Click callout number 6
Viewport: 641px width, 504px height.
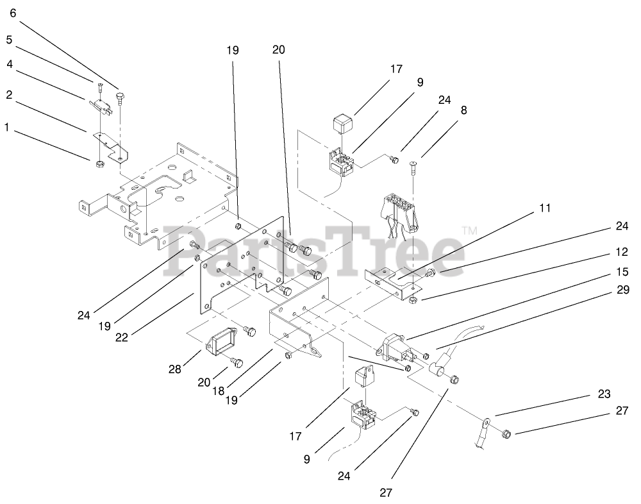coord(13,13)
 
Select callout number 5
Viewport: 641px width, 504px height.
coord(9,40)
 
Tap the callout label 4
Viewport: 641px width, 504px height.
coord(9,64)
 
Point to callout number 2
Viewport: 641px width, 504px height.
coord(9,95)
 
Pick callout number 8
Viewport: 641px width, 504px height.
coord(463,110)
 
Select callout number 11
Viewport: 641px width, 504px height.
coord(545,208)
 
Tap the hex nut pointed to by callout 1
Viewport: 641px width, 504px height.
coord(99,165)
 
